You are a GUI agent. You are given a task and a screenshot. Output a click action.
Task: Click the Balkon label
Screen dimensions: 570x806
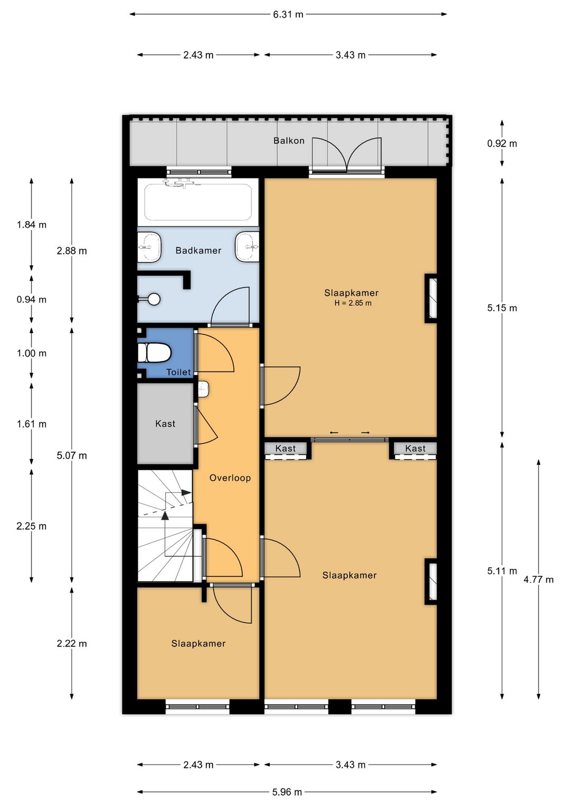coord(289,140)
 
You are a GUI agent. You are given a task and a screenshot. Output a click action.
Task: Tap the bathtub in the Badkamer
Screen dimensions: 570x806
coord(198,202)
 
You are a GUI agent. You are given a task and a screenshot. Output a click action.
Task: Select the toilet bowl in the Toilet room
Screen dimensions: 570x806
coord(154,353)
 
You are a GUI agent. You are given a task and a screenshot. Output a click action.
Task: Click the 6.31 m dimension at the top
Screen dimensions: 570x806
coord(288,14)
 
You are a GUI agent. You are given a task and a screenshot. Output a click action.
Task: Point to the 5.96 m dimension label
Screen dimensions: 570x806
coord(287,792)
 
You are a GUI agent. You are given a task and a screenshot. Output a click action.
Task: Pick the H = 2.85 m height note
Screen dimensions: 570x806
coord(353,303)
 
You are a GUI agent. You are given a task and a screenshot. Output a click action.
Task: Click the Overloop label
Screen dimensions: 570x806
coord(230,478)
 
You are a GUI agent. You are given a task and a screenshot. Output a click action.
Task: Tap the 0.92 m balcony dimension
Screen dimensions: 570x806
coord(502,144)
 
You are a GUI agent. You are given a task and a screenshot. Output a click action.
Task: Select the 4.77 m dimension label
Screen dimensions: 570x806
coord(538,579)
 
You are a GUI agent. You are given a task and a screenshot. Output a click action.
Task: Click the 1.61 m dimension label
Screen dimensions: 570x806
coord(32,424)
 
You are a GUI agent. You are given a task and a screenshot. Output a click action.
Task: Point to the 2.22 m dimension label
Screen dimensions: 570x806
coord(72,643)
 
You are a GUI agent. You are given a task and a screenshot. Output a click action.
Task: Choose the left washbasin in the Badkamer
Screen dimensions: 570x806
coord(149,247)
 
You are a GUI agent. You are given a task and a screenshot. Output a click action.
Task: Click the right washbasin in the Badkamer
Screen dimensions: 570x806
coord(247,247)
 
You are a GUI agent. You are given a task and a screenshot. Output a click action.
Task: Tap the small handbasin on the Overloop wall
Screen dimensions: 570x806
coord(204,389)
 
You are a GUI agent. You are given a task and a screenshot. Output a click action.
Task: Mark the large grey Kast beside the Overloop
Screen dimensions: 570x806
coord(165,424)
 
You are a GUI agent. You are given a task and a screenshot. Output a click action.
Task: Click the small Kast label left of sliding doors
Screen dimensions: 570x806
coord(286,448)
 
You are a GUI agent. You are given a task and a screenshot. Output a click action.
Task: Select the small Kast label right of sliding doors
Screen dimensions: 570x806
coord(415,448)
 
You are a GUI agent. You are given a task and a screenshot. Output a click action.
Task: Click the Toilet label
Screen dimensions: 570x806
coord(178,372)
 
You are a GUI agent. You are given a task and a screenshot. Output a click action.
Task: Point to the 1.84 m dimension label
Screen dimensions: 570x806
coord(32,225)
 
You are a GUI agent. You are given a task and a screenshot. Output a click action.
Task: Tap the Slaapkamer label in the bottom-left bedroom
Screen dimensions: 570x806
coord(198,643)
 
